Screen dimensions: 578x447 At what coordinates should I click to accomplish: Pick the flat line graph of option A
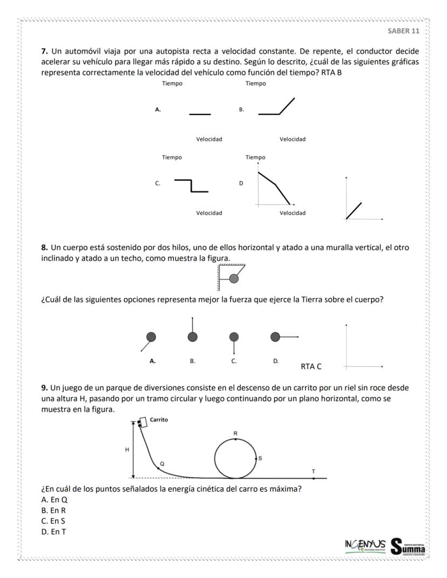[x=200, y=114]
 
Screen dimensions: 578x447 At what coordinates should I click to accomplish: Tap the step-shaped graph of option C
[x=191, y=185]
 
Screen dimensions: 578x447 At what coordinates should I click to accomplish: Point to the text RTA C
[x=311, y=366]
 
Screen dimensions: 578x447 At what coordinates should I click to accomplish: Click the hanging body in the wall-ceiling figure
[x=234, y=278]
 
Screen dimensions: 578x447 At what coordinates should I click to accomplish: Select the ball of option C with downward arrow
[x=234, y=337]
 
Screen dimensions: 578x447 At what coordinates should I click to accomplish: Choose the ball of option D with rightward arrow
[x=275, y=337]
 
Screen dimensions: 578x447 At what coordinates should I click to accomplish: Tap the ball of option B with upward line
[x=192, y=337]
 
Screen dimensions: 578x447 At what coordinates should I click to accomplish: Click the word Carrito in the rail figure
[x=160, y=419]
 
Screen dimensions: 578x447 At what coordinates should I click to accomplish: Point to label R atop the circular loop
[x=235, y=433]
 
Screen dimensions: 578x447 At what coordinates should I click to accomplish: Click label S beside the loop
[x=260, y=458]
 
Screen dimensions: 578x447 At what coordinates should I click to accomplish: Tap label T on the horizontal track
[x=313, y=471]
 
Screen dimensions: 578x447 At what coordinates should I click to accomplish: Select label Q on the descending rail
[x=161, y=464]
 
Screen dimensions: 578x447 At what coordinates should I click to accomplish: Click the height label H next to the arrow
[x=127, y=450]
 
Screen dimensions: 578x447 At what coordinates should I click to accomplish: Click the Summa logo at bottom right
[x=408, y=547]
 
